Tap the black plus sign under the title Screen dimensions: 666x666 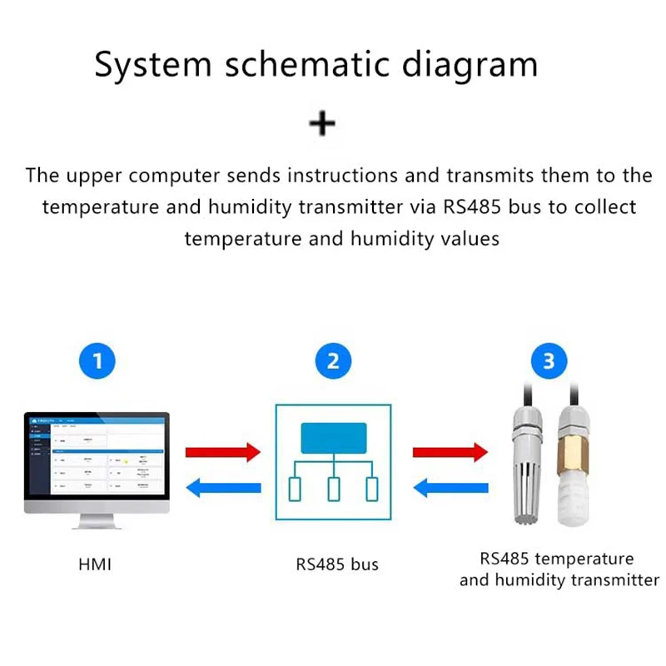pos(322,124)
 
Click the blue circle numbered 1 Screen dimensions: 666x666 pos(99,361)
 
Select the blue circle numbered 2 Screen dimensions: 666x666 pos(333,361)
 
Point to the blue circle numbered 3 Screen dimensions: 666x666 pos(548,361)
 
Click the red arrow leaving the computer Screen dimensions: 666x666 pos(222,452)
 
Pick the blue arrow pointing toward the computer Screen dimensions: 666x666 pos(222,488)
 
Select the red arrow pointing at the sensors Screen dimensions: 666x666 pos(450,452)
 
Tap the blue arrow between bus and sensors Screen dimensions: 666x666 pos(450,488)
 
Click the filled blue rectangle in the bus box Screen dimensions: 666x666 pos(333,438)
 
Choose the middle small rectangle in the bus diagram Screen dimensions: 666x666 pos(333,489)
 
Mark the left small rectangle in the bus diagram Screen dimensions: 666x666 pos(296,489)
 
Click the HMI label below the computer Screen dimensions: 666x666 pos(94,564)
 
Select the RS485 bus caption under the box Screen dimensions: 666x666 pos(337,564)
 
